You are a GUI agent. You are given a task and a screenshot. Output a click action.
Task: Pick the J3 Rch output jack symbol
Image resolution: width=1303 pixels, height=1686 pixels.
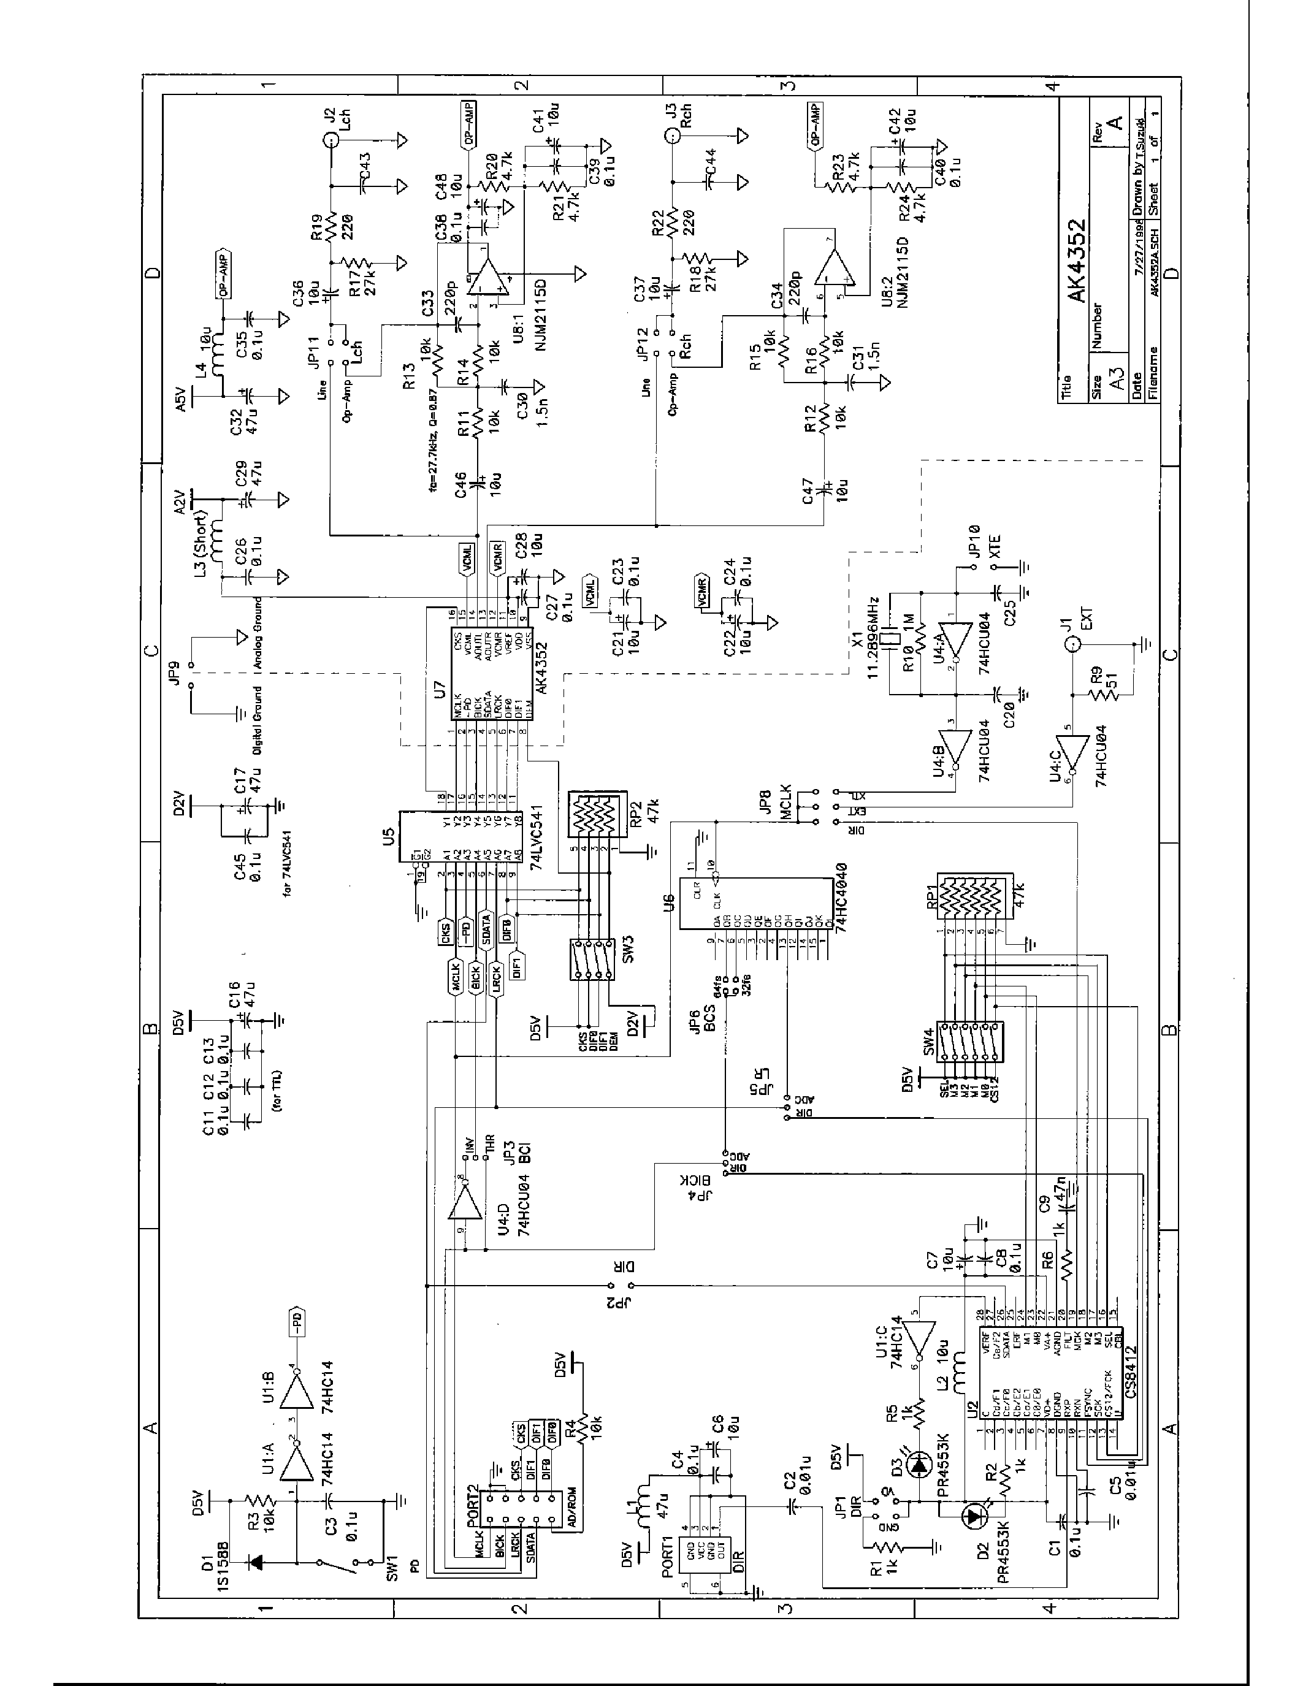click(x=671, y=138)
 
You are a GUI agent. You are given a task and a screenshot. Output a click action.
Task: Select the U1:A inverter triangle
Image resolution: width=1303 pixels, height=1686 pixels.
click(x=297, y=1460)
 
